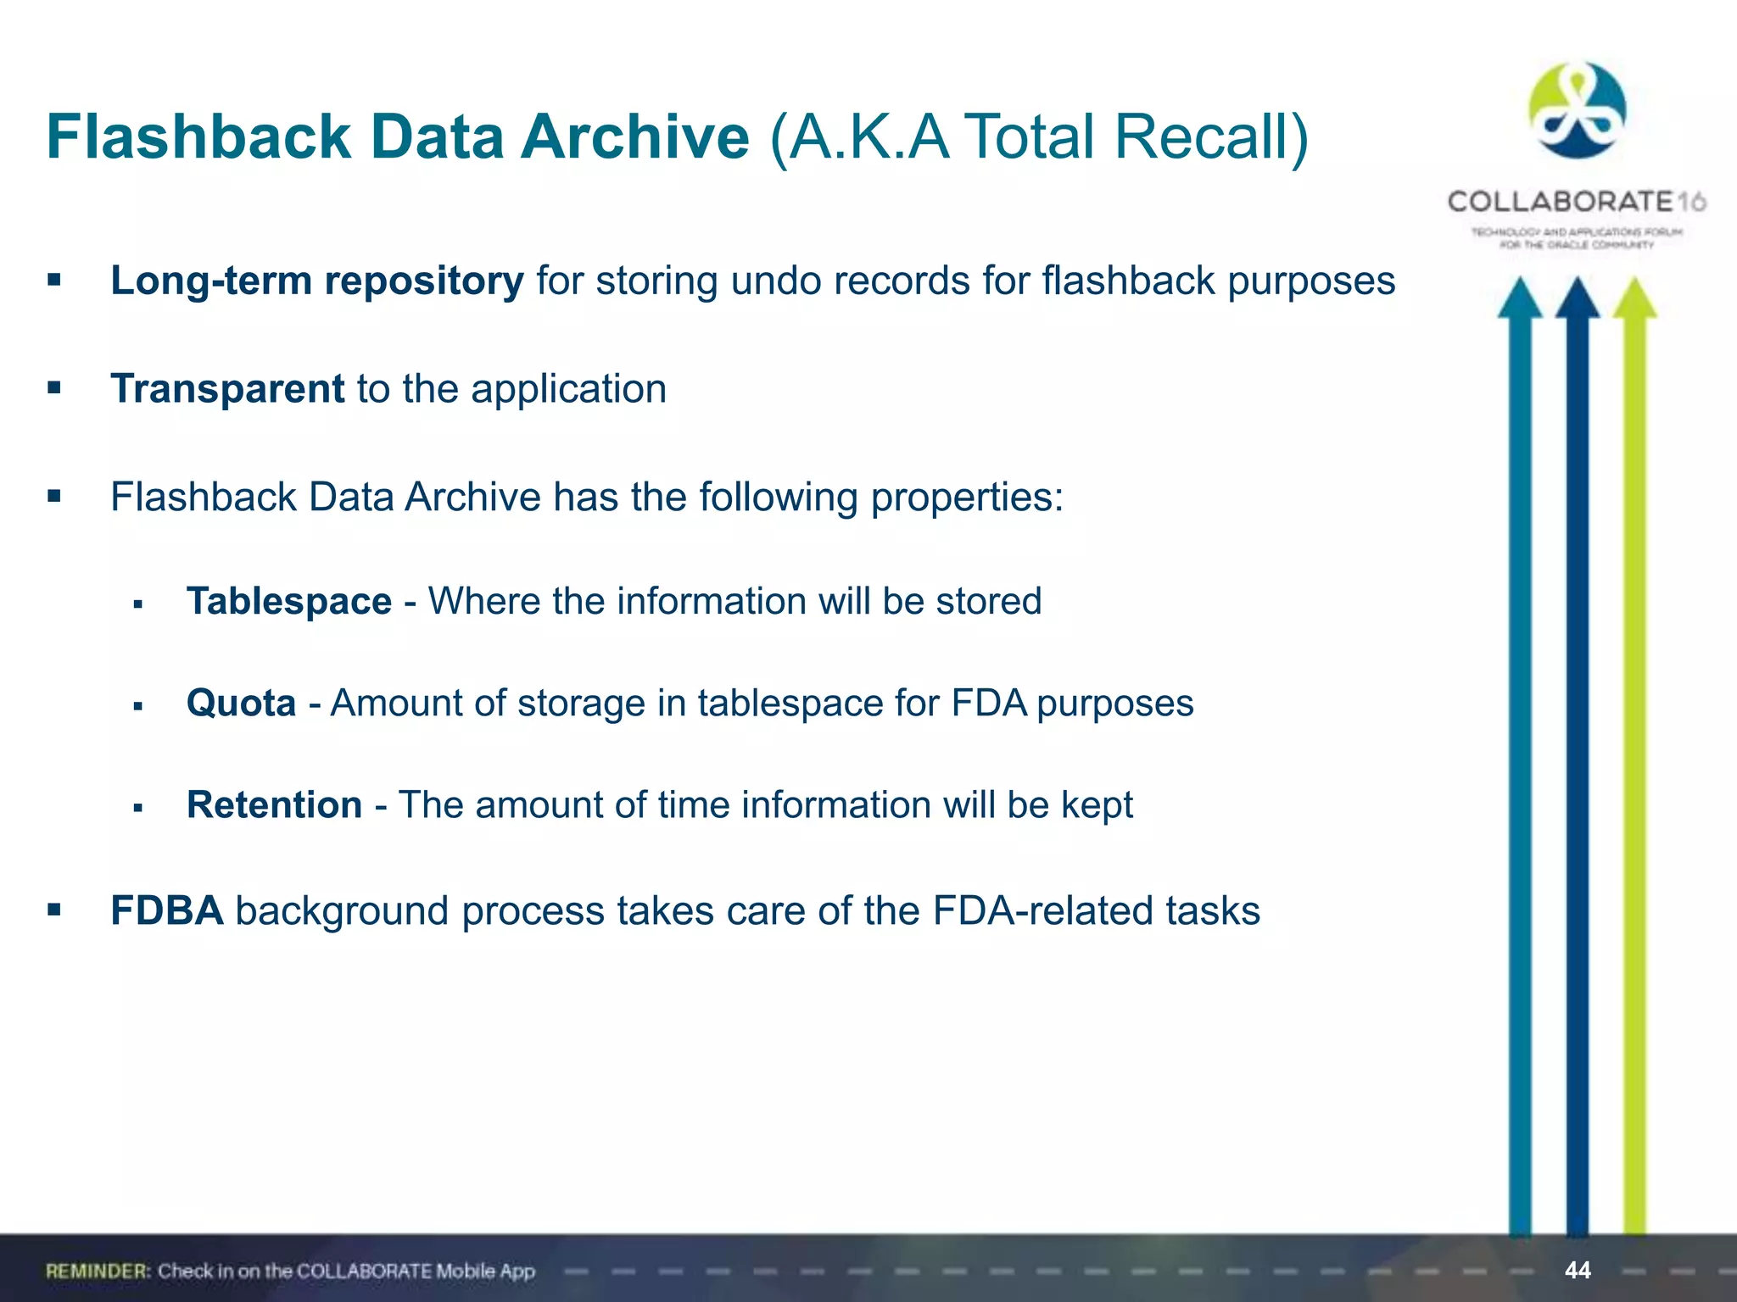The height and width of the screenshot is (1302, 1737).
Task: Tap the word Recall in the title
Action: [1210, 136]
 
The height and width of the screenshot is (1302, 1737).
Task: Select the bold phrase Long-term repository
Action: [317, 281]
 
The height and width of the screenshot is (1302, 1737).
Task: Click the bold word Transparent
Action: [227, 389]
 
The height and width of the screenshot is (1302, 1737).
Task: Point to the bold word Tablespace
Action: [289, 601]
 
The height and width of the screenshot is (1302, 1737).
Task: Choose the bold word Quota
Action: [242, 703]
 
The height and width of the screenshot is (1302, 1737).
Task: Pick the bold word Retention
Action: [275, 804]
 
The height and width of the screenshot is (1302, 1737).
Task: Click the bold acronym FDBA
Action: [167, 911]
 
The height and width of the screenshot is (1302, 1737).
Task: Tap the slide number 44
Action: [1578, 1270]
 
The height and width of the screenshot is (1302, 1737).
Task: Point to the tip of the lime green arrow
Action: [1634, 281]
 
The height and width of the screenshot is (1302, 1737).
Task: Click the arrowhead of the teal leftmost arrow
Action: [1520, 297]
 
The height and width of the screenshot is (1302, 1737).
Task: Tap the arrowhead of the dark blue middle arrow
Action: [1578, 297]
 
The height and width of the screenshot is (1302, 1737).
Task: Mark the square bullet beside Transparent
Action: [55, 388]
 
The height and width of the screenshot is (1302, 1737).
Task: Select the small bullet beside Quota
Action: [138, 705]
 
